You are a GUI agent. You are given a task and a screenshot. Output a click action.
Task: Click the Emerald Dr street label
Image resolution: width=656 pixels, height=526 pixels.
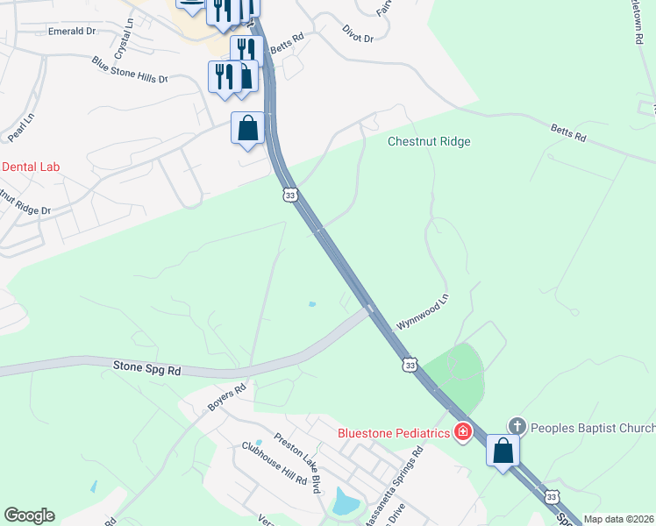pyautogui.click(x=71, y=31)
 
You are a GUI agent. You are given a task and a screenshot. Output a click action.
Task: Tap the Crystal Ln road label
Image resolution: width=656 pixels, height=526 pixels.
pyautogui.click(x=122, y=39)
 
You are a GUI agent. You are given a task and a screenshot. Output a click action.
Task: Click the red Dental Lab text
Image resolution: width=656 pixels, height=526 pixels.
pyautogui.click(x=32, y=167)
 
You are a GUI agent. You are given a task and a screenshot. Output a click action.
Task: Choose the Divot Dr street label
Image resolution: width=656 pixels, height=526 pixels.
pyautogui.click(x=358, y=35)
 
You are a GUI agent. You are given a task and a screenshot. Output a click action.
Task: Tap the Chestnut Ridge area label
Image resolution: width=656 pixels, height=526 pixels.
pyautogui.click(x=430, y=142)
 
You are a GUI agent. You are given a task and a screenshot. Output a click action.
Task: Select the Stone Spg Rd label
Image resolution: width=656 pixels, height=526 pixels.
pyautogui.click(x=146, y=367)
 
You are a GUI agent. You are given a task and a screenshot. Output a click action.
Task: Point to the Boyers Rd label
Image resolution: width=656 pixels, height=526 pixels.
pyautogui.click(x=227, y=397)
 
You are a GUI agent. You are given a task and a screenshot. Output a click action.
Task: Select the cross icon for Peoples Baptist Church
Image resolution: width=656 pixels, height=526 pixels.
pyautogui.click(x=517, y=427)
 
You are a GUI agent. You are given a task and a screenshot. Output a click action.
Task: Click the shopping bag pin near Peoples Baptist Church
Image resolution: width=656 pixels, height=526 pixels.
pyautogui.click(x=503, y=451)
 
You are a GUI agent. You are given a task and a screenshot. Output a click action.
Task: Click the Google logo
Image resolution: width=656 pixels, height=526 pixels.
pyautogui.click(x=29, y=515)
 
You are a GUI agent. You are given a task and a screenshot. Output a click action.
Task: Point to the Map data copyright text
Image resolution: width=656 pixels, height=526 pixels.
pyautogui.click(x=618, y=519)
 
